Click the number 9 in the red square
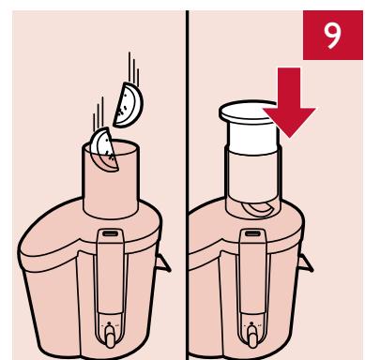332,36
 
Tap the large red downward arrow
289,103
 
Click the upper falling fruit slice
129,105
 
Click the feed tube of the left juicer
111,180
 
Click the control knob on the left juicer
110,336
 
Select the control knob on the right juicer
252,336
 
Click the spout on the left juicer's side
162,263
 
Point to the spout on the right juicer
306,263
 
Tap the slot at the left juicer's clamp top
111,233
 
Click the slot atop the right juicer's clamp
253,233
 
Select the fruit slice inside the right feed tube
257,209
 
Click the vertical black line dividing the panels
187,185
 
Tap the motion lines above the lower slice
99,114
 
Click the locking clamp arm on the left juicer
111,272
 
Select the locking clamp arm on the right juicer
253,272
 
